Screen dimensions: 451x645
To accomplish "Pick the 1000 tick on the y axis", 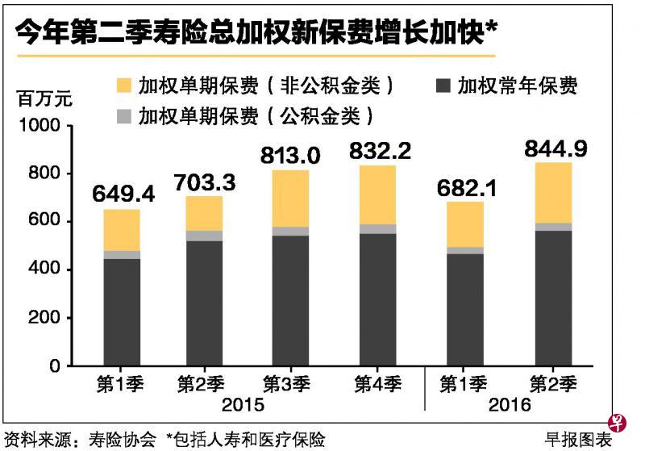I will pyautogui.click(x=40, y=126).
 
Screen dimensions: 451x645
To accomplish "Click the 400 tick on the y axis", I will pyautogui.click(x=44, y=269).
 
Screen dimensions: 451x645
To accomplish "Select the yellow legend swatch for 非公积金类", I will pyautogui.click(x=124, y=85).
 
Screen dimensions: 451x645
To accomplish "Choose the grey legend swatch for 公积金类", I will pyautogui.click(x=124, y=115).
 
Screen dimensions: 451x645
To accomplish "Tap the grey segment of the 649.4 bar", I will pyautogui.click(x=122, y=255).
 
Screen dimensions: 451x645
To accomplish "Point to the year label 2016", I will pyautogui.click(x=510, y=404).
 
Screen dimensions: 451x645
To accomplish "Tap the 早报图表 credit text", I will pyautogui.click(x=578, y=439).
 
